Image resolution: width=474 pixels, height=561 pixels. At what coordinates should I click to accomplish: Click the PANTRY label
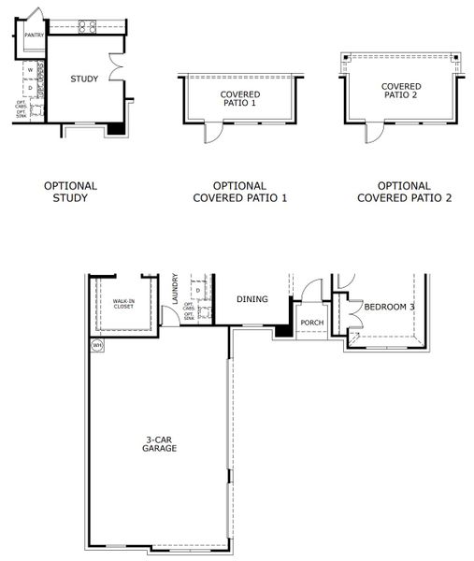(x=34, y=35)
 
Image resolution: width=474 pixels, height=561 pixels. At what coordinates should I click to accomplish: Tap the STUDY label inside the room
(x=84, y=79)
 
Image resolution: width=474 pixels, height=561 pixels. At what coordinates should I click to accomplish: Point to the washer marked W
(x=30, y=69)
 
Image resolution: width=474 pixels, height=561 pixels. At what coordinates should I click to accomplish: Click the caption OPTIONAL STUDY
(x=70, y=192)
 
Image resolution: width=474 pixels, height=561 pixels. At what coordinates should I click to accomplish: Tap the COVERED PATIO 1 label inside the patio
(x=239, y=99)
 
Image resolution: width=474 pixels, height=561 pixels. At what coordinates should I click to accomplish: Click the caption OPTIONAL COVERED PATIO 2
(x=406, y=192)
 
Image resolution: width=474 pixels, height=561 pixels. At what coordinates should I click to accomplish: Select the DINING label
(x=252, y=299)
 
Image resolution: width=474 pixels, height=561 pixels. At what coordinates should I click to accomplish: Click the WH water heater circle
(x=96, y=345)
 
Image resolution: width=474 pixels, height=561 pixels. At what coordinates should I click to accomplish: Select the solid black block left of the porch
(x=281, y=330)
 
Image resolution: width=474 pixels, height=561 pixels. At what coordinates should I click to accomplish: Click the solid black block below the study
(x=115, y=129)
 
